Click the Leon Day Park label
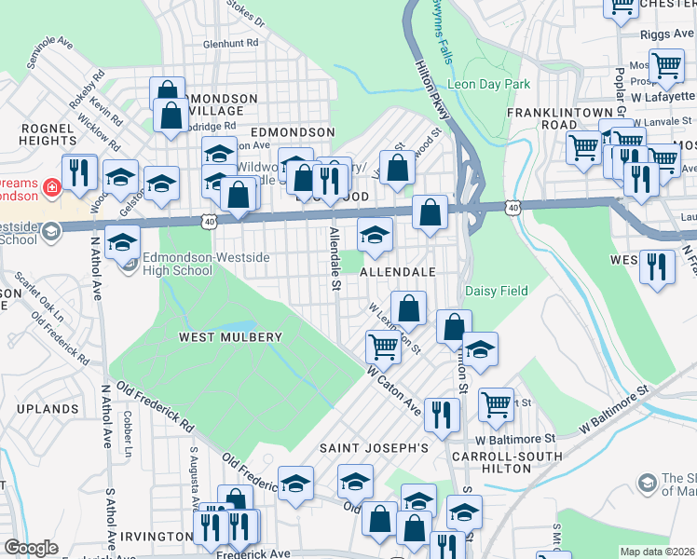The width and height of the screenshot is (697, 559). (489, 84)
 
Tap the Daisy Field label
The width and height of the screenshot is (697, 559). (497, 291)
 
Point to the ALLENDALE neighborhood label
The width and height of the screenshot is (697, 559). (398, 271)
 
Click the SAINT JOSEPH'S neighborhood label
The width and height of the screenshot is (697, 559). (374, 448)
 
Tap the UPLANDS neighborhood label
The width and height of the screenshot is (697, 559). (47, 409)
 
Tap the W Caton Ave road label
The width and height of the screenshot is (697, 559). (394, 391)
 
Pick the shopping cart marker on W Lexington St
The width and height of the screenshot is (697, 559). (383, 346)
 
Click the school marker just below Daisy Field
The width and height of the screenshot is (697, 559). (480, 349)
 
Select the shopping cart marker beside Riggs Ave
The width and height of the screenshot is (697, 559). (666, 65)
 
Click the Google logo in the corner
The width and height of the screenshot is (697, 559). (31, 547)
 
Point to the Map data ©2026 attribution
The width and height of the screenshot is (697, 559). (658, 552)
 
